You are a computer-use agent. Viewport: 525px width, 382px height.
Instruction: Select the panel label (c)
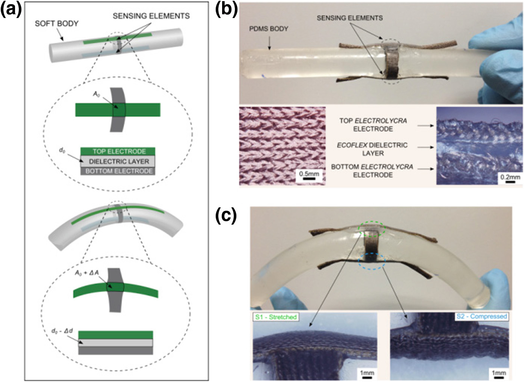(x=226, y=216)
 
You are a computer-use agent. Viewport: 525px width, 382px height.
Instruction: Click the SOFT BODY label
(x=56, y=24)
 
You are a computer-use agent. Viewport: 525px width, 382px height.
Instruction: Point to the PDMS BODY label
(x=269, y=29)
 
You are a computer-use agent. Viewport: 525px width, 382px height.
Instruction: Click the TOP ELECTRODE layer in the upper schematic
(x=118, y=151)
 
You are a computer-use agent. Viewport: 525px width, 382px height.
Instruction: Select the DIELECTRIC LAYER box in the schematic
(x=118, y=162)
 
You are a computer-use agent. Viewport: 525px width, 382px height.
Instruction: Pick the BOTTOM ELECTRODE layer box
(x=118, y=171)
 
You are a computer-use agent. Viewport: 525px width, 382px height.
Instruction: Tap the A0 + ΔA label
(x=87, y=273)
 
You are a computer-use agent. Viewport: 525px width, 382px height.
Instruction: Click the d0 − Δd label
(x=62, y=331)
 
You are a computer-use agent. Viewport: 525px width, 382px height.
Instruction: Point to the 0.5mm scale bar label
(x=309, y=174)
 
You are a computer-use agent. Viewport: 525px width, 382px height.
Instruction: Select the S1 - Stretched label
(x=276, y=317)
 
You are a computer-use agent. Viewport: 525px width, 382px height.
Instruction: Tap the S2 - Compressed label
(x=481, y=316)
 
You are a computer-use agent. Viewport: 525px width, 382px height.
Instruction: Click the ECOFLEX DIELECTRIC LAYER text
(x=372, y=149)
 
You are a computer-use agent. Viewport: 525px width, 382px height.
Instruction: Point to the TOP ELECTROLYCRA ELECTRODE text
(x=373, y=125)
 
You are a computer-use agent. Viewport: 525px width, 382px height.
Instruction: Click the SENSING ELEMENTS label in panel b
(x=349, y=18)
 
